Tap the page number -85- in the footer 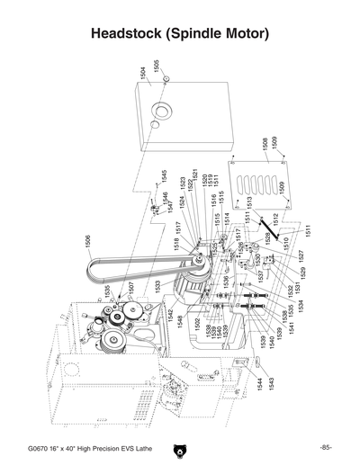(x=326, y=448)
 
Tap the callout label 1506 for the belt (x=88, y=242)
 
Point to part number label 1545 (x=165, y=176)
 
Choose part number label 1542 (x=172, y=315)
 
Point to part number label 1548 (x=181, y=321)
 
